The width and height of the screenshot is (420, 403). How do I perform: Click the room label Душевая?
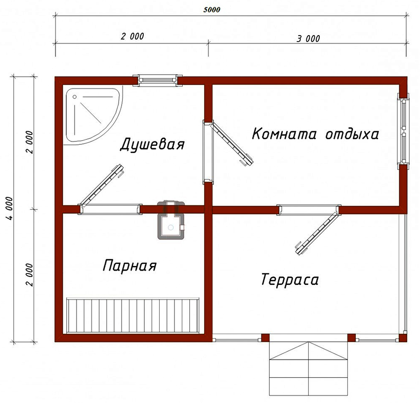coord(152,145)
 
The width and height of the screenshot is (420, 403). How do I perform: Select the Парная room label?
coord(129,266)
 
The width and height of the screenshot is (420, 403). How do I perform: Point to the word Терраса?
coord(290,280)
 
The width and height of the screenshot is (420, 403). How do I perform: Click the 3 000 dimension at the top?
coord(308,39)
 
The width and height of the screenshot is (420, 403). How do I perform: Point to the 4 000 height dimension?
coord(11,209)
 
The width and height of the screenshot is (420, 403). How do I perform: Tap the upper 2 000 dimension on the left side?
coord(30,142)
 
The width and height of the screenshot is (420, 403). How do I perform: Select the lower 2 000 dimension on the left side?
coord(30,274)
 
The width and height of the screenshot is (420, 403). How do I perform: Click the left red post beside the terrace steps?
coord(265,338)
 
